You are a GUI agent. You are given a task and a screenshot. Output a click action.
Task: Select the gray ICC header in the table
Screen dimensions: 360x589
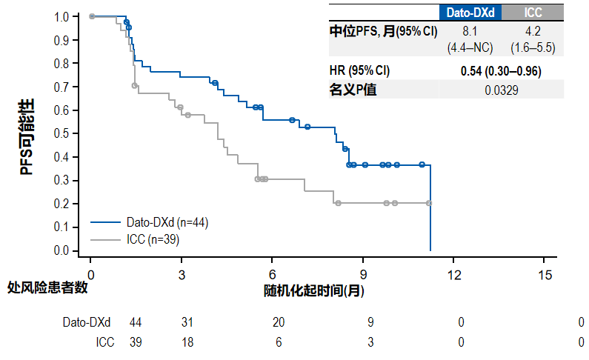[532, 13]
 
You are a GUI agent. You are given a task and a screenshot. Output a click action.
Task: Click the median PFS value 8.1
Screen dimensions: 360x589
[470, 31]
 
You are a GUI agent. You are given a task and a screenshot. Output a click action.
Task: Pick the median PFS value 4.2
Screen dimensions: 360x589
[533, 31]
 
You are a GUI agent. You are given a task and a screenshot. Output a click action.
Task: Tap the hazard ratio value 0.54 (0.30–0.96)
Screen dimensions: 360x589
[501, 71]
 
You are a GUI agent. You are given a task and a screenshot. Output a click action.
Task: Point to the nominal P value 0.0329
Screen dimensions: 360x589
[501, 90]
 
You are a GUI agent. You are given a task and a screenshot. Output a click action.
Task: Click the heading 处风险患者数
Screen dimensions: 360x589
[48, 288]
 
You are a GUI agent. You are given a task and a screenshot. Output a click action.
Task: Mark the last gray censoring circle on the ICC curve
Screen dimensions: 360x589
[430, 203]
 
